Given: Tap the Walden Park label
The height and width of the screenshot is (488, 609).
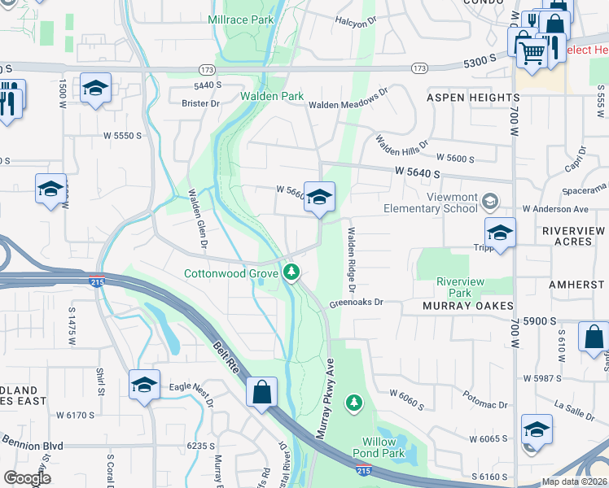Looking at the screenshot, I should pyautogui.click(x=272, y=96).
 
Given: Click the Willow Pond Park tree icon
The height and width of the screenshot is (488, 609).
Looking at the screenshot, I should pyautogui.click(x=354, y=402).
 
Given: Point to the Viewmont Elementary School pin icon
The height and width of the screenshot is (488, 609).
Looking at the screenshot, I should pyautogui.click(x=490, y=200).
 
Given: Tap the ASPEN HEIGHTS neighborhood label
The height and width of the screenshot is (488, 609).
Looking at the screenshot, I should pyautogui.click(x=473, y=98).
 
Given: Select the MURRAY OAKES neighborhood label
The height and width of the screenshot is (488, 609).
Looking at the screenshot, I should pyautogui.click(x=468, y=306).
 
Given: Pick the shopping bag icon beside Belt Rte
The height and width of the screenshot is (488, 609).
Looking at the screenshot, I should pyautogui.click(x=262, y=393).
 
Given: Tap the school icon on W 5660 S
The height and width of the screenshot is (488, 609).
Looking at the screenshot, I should pyautogui.click(x=320, y=197).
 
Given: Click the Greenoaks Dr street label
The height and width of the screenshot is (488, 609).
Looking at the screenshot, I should pyautogui.click(x=356, y=303).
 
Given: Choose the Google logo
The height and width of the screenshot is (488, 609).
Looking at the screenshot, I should pyautogui.click(x=27, y=478).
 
